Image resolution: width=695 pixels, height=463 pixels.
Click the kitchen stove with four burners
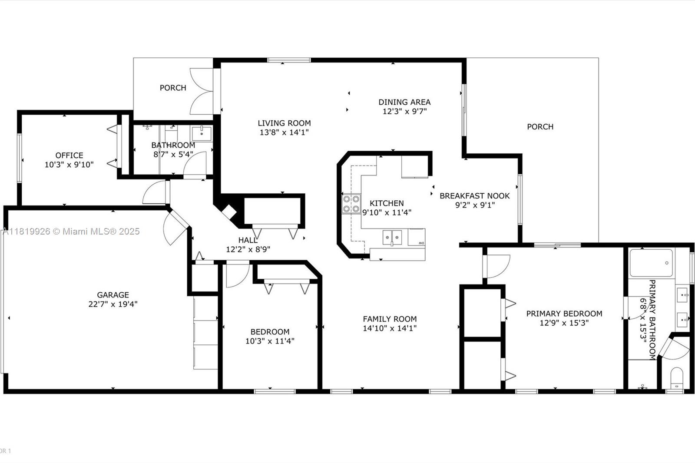click(x=351, y=204)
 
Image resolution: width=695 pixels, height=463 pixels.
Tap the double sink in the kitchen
click(x=392, y=238)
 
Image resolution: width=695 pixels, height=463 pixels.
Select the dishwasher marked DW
click(x=417, y=238)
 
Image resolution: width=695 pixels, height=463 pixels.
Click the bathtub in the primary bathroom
click(x=651, y=263)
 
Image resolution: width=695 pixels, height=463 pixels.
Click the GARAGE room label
click(x=113, y=295)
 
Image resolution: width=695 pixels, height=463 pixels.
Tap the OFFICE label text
click(x=69, y=155)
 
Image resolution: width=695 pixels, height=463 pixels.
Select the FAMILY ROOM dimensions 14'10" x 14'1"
click(x=390, y=328)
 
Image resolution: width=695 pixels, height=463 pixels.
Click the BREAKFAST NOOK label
click(x=475, y=196)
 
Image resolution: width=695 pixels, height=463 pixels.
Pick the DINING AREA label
click(x=404, y=102)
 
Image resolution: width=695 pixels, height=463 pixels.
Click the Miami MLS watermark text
click(x=71, y=231)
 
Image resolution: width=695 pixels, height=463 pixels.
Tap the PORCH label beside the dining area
click(x=540, y=127)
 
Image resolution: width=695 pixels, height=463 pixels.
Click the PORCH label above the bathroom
click(x=173, y=88)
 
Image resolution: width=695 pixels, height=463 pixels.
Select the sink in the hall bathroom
click(x=202, y=133)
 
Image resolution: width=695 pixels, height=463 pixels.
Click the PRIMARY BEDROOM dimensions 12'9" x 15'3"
click(x=564, y=323)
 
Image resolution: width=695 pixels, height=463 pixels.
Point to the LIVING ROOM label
click(x=284, y=123)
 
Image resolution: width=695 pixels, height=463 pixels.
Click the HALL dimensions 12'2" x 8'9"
click(x=248, y=249)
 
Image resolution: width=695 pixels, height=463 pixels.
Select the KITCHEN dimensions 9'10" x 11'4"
click(x=387, y=212)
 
